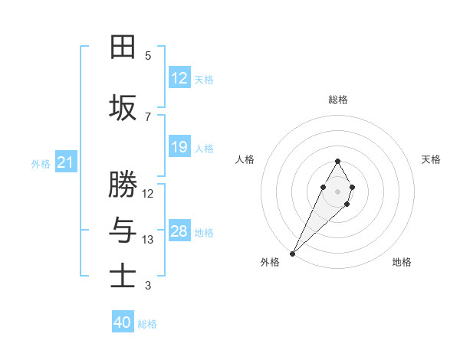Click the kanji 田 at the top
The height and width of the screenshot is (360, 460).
coord(123,47)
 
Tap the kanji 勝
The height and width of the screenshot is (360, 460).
coord(123,185)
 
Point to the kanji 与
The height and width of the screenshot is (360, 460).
coord(123,230)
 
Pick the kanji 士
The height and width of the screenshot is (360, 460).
coord(123,276)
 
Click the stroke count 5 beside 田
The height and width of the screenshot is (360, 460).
coord(148,56)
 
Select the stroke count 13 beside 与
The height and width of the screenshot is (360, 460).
coord(148,240)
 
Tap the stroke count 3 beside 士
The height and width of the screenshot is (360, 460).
coord(148,286)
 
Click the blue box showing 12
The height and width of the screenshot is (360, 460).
coord(179,78)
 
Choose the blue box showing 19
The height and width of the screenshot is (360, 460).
coord(179,147)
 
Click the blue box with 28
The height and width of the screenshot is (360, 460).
coord(179,231)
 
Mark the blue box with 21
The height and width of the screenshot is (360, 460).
coord(65,162)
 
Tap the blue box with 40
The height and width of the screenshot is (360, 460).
coord(123,322)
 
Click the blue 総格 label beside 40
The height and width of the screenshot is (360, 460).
coord(147,324)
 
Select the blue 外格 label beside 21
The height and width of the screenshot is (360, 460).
coord(41,164)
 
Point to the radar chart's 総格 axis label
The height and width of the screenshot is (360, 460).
coord(337,100)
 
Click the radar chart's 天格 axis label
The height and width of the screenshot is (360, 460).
coord(431,159)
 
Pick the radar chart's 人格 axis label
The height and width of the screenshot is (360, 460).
coord(245,159)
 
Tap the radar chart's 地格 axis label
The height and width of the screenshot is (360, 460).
coord(402,262)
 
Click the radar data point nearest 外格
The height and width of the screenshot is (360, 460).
coord(292,253)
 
